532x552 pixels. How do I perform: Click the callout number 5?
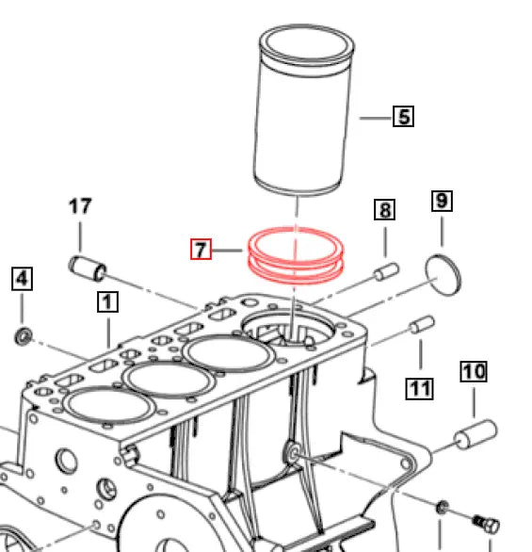403,117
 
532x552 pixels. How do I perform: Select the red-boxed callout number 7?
200,250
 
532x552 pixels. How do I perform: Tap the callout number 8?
384,209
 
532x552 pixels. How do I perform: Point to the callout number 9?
442,201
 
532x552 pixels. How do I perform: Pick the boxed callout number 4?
22,279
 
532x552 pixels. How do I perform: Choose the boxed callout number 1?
108,301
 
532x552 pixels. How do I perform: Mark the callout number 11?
420,386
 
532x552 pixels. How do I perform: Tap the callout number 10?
474,371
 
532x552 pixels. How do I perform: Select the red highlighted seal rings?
297,256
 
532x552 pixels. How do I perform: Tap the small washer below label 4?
23,336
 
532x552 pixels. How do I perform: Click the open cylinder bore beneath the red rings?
292,334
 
